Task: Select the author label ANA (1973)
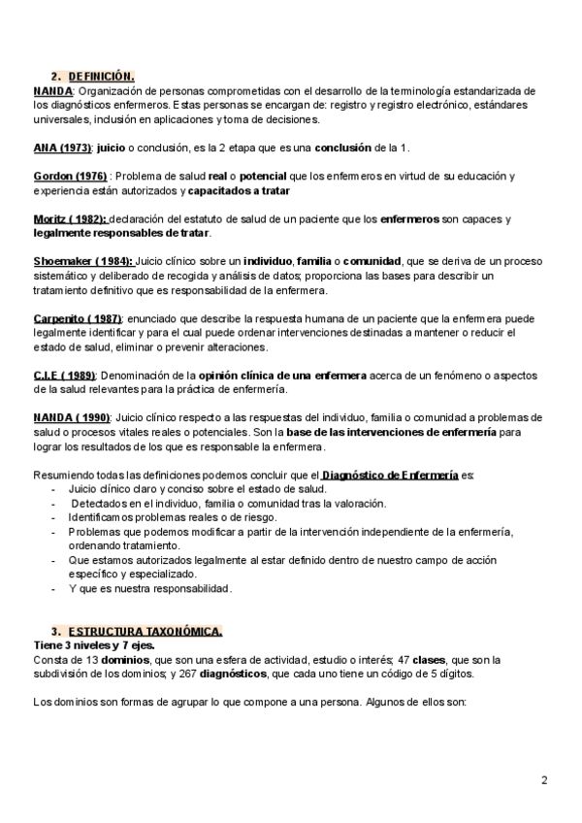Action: tap(62, 147)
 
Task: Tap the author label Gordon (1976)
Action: tap(70, 176)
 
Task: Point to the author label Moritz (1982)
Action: tap(71, 219)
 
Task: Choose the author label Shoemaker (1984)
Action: tap(83, 263)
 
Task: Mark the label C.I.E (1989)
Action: tap(64, 376)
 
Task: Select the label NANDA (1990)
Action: tap(71, 418)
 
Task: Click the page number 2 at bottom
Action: tap(544, 780)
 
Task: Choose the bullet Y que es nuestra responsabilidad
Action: tap(149, 589)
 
